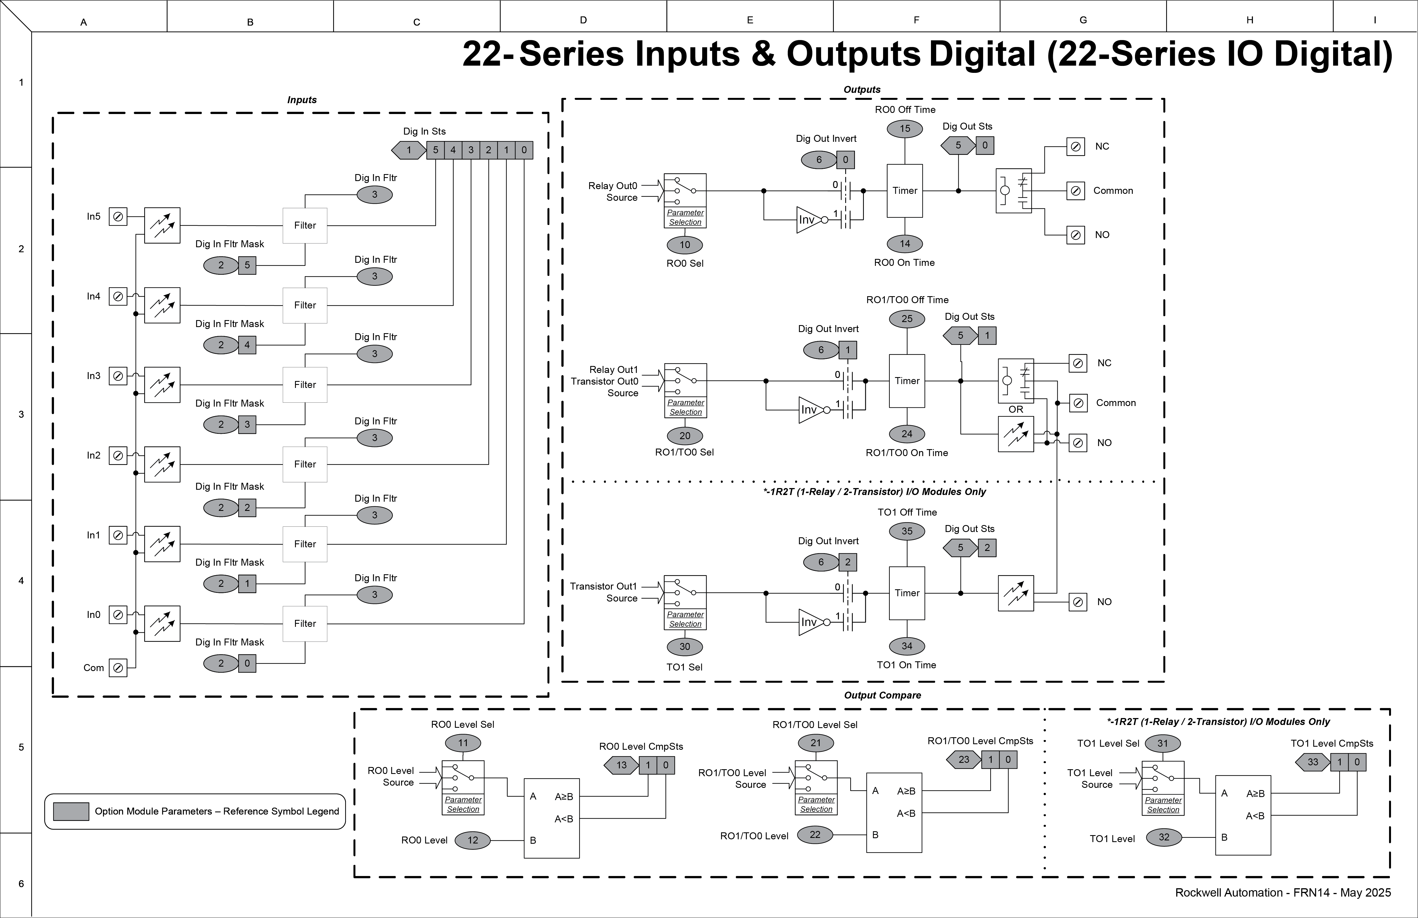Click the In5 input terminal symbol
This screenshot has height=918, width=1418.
pos(118,217)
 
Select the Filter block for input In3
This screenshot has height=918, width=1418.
pos(304,385)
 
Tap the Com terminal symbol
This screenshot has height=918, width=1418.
pos(118,668)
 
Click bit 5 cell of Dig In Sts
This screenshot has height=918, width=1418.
pos(436,150)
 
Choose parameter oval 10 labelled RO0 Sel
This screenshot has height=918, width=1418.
pos(685,245)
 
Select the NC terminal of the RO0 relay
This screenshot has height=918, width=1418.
pos(1075,147)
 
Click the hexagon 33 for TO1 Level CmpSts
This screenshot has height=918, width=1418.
pos(1313,762)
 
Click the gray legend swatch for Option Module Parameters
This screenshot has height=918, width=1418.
pos(71,811)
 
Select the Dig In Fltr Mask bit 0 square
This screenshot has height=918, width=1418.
pos(247,663)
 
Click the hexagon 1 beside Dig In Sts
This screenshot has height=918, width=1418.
pos(409,150)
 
